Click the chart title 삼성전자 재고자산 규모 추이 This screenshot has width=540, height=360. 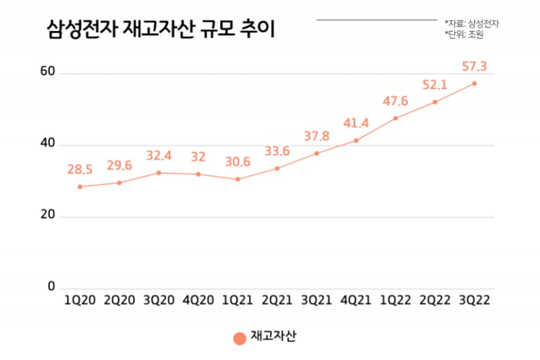(160, 30)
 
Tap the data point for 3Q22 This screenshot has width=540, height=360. (475, 84)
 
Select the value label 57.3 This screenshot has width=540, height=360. (475, 67)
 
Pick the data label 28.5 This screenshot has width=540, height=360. (80, 170)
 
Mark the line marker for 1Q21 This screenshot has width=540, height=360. (238, 179)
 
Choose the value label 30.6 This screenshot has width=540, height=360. (238, 162)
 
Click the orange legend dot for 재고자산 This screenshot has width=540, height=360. (240, 338)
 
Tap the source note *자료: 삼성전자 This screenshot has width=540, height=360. (472, 23)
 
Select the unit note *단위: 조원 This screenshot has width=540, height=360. (467, 34)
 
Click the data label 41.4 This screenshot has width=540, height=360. (356, 124)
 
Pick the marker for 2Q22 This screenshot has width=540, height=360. (435, 102)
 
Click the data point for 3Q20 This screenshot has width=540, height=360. (159, 173)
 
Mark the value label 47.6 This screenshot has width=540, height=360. (396, 101)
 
